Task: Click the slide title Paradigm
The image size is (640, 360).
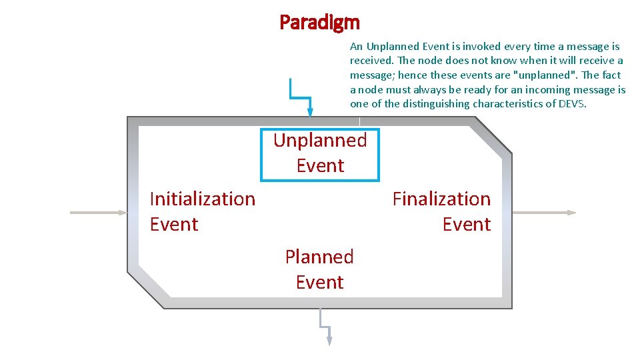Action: [x=319, y=23]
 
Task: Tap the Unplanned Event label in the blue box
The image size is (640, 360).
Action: [x=320, y=153]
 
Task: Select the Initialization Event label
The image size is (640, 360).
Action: [x=203, y=211]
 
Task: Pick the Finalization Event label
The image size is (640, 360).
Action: [x=441, y=211]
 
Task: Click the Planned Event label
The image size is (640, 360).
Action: [x=319, y=269]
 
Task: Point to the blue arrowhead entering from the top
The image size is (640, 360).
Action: [x=309, y=112]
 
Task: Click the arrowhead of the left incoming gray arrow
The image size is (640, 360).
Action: [x=122, y=213]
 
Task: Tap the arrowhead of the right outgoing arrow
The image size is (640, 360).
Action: [x=571, y=213]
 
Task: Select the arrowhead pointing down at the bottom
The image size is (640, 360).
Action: [x=329, y=340]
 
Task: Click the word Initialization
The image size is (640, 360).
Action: [x=203, y=199]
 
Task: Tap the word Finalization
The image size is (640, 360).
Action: [x=441, y=199]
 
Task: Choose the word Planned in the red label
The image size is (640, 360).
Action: [x=319, y=257]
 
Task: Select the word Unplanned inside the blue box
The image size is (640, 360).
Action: [x=320, y=140]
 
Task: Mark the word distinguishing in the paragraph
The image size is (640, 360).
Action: [x=437, y=103]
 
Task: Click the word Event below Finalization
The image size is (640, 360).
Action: [x=467, y=224]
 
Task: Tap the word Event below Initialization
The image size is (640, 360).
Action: [x=174, y=224]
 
